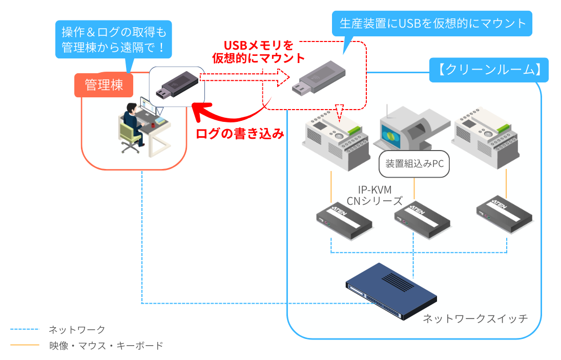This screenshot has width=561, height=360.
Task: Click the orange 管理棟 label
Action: coord(104,85)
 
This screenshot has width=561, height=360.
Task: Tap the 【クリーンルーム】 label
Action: coord(488,70)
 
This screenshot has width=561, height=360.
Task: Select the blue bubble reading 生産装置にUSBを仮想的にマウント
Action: coord(433,24)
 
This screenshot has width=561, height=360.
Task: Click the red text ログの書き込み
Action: coord(240,134)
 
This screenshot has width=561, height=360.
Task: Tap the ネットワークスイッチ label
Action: coord(475,319)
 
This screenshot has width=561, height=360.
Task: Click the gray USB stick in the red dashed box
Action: coord(318,79)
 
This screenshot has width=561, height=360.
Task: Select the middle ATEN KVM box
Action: coord(422,219)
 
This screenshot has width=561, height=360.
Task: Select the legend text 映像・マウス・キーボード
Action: coord(106,345)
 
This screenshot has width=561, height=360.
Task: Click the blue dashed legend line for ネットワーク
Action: coord(24,329)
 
